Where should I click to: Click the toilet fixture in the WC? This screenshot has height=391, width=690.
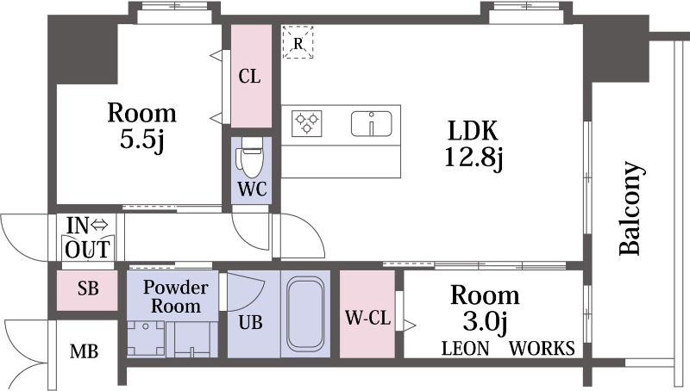(250, 157)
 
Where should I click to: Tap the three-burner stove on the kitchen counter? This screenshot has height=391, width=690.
(307, 123)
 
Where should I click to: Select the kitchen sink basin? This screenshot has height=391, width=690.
(372, 124)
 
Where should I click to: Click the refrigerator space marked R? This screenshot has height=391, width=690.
(298, 42)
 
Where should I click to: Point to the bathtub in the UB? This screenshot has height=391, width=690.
(305, 313)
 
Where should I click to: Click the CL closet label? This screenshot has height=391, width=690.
(249, 77)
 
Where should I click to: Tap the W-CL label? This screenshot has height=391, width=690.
(368, 318)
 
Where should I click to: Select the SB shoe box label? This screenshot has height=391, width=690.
(88, 289)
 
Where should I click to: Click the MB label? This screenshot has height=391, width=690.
(84, 351)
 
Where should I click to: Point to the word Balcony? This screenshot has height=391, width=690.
(630, 208)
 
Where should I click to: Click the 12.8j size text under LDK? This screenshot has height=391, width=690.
(474, 158)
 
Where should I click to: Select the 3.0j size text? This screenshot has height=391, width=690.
(485, 322)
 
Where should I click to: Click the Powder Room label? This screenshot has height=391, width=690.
(176, 296)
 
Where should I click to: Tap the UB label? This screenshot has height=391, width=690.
(250, 323)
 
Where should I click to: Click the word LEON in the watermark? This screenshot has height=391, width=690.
(465, 349)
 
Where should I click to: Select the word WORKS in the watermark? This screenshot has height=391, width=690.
(542, 349)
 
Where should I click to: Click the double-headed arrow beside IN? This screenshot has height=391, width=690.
(99, 226)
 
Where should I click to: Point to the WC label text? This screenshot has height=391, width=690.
(252, 189)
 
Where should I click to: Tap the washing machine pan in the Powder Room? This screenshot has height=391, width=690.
(146, 338)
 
